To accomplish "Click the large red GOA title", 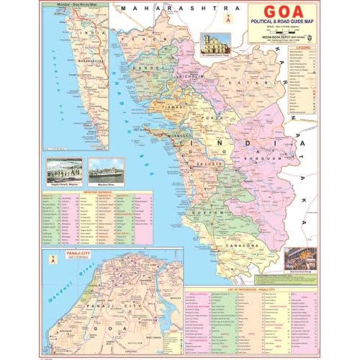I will [x=284, y=13].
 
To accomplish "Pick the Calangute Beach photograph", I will [x=63, y=171].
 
